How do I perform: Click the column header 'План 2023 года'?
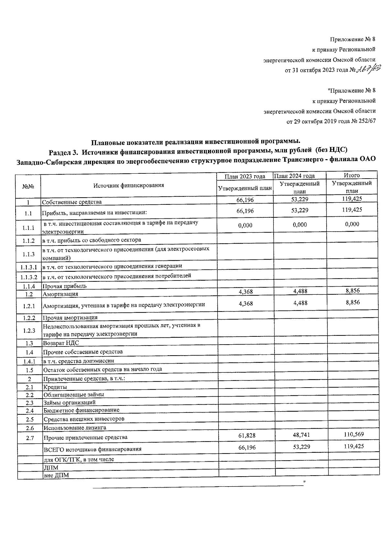(x=245, y=176)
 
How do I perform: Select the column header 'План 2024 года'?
(x=294, y=176)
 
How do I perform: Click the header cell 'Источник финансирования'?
(x=129, y=185)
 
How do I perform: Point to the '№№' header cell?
(x=28, y=187)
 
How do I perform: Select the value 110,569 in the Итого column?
(x=354, y=434)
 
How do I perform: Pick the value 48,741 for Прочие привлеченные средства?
(x=301, y=435)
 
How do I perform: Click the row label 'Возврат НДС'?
(x=61, y=343)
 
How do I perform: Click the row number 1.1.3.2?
(x=29, y=277)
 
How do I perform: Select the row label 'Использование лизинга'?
(x=75, y=428)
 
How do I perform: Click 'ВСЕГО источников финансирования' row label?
(x=92, y=449)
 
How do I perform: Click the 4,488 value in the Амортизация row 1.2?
(x=300, y=291)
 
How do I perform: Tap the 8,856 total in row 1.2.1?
(x=352, y=302)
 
